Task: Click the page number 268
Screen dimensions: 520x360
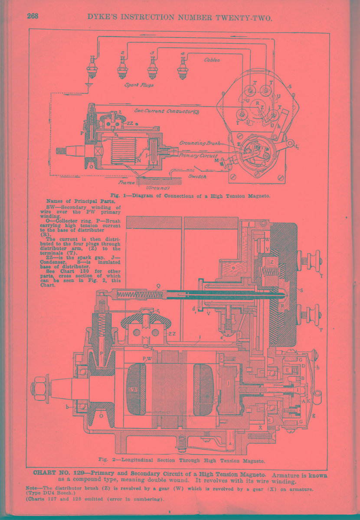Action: (33, 16)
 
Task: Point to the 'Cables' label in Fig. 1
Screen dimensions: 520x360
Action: (212, 60)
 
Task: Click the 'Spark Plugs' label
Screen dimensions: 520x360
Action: (139, 85)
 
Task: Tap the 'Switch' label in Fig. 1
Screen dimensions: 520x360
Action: (197, 177)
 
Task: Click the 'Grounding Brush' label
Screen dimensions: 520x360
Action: (200, 143)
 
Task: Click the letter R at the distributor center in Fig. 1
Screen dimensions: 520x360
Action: (257, 103)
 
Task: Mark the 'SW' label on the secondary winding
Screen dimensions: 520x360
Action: (133, 390)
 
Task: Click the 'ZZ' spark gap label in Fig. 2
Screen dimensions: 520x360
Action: (172, 334)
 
